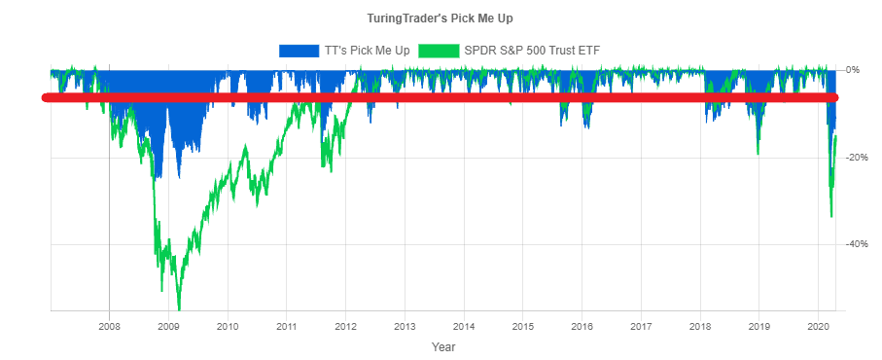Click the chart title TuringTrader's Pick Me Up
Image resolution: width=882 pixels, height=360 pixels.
[x=441, y=18]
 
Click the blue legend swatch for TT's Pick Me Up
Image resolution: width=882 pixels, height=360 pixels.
[x=299, y=50]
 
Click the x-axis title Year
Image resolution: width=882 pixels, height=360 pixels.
[x=443, y=346]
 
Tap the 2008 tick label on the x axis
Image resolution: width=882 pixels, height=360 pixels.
[x=110, y=326]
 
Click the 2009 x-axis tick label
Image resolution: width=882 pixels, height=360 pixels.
[x=168, y=326]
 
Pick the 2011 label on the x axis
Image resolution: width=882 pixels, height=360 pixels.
[x=287, y=326]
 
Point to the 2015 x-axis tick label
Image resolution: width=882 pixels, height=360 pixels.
[x=523, y=326]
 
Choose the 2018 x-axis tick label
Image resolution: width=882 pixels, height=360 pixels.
[x=700, y=326]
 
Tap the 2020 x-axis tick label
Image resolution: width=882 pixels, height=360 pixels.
[x=818, y=326]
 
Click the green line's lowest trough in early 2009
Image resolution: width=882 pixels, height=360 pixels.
[x=179, y=308]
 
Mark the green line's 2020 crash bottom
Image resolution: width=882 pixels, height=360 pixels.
[x=830, y=217]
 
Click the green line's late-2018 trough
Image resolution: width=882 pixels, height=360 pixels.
[x=759, y=154]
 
